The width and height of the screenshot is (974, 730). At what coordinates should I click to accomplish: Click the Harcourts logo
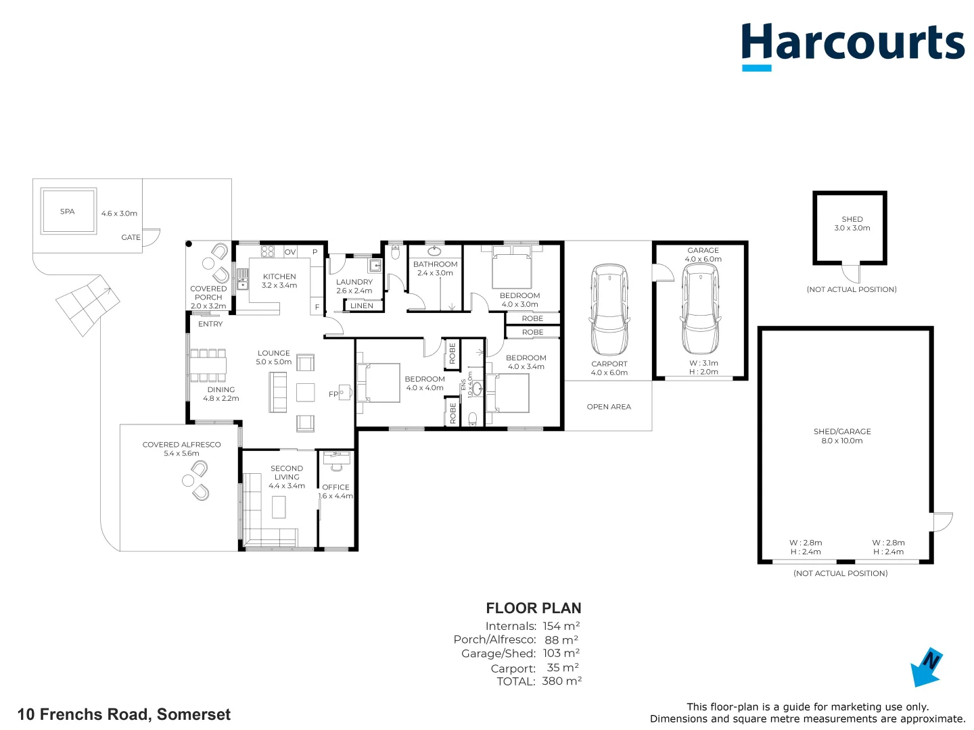click(x=852, y=45)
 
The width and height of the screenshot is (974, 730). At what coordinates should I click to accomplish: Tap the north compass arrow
click(x=927, y=668)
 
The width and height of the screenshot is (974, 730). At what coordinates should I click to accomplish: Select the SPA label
click(x=67, y=212)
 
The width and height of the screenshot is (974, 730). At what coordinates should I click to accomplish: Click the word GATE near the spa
click(x=131, y=237)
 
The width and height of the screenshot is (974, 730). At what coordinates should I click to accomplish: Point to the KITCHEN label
click(x=279, y=276)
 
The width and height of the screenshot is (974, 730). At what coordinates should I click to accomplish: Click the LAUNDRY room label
click(x=354, y=282)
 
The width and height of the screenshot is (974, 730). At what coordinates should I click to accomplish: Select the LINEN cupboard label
click(x=362, y=306)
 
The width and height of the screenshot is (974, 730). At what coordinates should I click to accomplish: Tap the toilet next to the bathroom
click(x=396, y=253)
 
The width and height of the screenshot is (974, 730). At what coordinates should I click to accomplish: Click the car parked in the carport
click(x=609, y=310)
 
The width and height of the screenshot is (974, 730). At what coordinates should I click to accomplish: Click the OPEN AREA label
click(x=609, y=407)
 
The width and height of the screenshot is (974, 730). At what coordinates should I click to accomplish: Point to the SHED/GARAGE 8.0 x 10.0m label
click(x=842, y=436)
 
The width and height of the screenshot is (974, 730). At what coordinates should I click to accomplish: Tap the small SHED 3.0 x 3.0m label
click(x=852, y=223)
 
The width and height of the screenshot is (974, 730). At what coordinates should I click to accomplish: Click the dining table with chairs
click(x=208, y=365)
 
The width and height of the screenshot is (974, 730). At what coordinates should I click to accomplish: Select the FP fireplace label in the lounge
click(x=333, y=394)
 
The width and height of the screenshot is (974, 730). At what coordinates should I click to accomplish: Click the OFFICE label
click(x=335, y=487)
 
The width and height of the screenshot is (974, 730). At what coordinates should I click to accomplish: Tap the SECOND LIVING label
click(x=287, y=472)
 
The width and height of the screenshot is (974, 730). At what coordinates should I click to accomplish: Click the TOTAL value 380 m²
click(x=561, y=681)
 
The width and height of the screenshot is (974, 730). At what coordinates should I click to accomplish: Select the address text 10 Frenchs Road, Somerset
click(x=124, y=714)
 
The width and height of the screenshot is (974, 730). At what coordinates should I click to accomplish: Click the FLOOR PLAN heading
click(x=533, y=608)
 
